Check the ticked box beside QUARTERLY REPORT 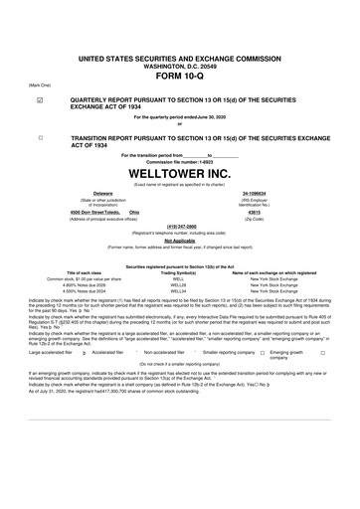tap(39, 100)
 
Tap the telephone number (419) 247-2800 tap(179, 225)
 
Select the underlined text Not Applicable tap(179, 240)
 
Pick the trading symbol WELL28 tap(179, 284)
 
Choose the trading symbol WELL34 tap(179, 290)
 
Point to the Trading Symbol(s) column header tap(179, 272)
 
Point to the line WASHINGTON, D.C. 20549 tap(180, 41)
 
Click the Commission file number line tap(180, 161)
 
